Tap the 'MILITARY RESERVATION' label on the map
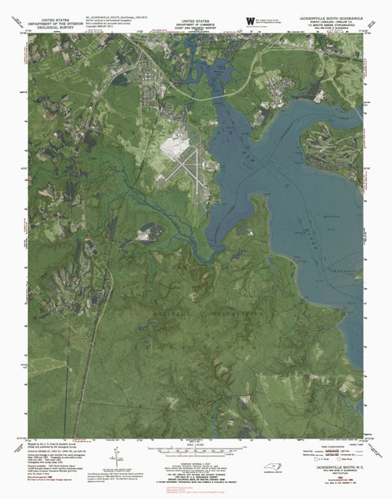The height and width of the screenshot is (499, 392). click(196, 312)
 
